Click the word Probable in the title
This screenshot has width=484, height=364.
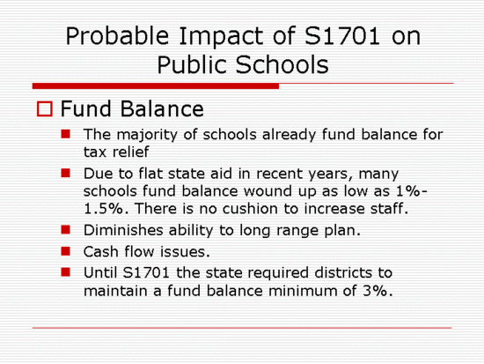(x=117, y=36)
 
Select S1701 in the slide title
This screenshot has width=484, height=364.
(x=342, y=36)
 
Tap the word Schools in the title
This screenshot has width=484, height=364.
(x=282, y=64)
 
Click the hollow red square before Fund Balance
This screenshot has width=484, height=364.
(x=45, y=109)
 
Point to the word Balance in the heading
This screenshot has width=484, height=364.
(x=162, y=109)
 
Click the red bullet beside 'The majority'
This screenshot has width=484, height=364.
(x=66, y=134)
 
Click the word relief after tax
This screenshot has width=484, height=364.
(x=130, y=152)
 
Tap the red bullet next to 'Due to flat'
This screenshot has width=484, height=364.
(x=66, y=173)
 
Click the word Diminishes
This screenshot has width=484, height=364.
(x=123, y=230)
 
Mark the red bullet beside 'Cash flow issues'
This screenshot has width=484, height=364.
(x=66, y=251)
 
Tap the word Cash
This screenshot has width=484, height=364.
(x=101, y=252)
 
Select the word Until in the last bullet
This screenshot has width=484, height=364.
(x=100, y=272)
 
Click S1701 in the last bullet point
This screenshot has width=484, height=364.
(x=146, y=272)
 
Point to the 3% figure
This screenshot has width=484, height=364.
(x=376, y=291)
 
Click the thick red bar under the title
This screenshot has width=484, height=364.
(x=156, y=86)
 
